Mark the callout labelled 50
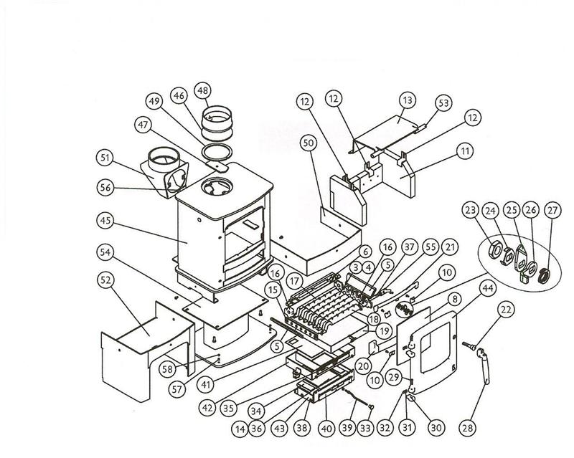[x=309, y=144]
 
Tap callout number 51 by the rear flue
[x=106, y=158]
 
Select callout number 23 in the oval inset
[x=470, y=211]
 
